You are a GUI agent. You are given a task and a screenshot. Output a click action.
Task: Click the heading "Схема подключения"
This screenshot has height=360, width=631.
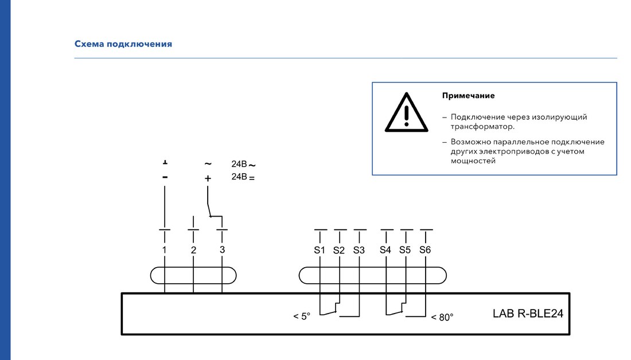123,44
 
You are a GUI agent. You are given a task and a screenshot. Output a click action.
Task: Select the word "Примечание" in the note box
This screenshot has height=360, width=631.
468,96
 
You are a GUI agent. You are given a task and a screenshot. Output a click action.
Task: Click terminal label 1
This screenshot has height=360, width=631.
164,250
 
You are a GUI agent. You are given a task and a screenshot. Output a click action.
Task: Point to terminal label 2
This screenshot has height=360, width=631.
193,250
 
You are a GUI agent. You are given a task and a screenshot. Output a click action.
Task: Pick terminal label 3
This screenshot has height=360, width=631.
222,250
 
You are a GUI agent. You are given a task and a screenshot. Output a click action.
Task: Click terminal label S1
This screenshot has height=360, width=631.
320,250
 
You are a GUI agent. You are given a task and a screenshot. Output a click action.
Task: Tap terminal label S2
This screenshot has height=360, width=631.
339,250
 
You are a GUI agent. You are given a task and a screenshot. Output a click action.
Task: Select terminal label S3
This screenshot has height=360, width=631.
359,250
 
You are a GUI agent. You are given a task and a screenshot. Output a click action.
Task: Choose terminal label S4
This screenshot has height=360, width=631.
385,250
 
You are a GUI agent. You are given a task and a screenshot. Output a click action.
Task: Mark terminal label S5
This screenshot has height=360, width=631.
405,250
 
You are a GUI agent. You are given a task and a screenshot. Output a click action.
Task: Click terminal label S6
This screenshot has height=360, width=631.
425,250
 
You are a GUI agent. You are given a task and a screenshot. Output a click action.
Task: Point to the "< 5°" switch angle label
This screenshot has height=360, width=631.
302,316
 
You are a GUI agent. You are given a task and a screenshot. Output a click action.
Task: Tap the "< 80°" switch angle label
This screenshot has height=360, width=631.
442,318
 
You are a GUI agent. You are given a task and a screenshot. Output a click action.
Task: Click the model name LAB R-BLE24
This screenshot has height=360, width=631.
528,314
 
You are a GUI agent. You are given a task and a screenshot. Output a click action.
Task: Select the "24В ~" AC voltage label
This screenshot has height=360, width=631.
243,164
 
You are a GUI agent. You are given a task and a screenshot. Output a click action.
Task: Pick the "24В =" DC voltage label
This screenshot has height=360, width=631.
243,177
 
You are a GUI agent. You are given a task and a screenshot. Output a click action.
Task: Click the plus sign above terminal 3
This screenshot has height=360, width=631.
208,178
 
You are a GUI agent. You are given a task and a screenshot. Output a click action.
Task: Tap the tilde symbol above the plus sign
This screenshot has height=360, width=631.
208,164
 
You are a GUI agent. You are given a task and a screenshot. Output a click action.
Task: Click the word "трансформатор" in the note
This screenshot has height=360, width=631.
482,127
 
